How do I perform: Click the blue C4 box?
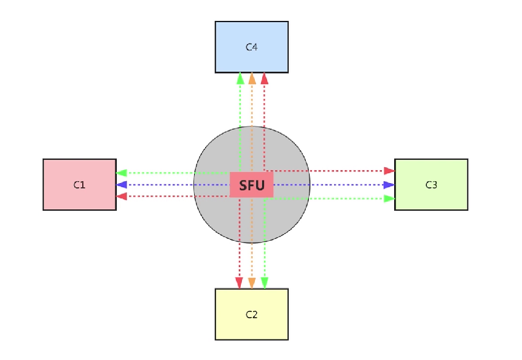(x=252, y=47)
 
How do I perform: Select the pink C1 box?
(x=80, y=184)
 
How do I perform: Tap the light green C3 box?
(x=431, y=184)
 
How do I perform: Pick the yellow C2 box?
(x=252, y=315)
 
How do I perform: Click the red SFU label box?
(x=252, y=185)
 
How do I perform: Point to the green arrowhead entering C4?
(x=240, y=79)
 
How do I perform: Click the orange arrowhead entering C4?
(x=252, y=79)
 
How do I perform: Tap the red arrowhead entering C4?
(x=264, y=79)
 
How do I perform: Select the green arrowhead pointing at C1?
(x=122, y=173)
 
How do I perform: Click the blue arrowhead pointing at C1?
(x=122, y=184)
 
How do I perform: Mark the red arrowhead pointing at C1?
(x=122, y=196)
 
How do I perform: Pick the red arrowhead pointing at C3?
(x=389, y=171)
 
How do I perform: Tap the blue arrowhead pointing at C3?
(x=389, y=185)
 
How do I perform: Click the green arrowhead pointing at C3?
(x=389, y=198)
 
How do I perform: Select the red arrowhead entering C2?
(x=239, y=283)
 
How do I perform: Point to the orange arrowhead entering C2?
(x=252, y=283)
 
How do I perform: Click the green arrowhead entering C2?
(x=265, y=283)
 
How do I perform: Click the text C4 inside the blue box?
(x=252, y=47)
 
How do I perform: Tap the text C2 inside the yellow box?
(x=252, y=315)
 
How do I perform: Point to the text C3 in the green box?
(x=432, y=185)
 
